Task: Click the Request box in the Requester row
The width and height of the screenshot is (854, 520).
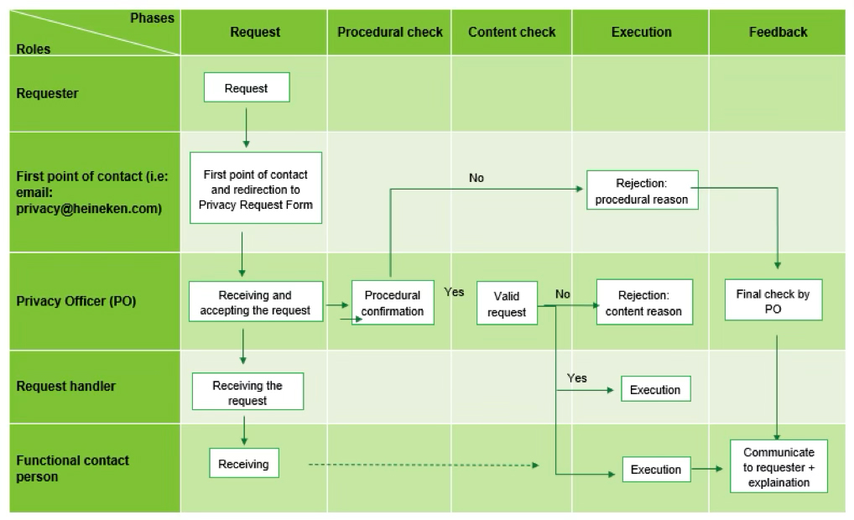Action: pyautogui.click(x=247, y=88)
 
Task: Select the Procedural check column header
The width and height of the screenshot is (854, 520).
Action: pyautogui.click(x=390, y=32)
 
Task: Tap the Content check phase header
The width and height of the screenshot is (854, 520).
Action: pyautogui.click(x=512, y=32)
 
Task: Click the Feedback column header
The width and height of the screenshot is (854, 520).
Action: pyautogui.click(x=778, y=32)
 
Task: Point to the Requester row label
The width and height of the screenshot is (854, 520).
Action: pyautogui.click(x=47, y=93)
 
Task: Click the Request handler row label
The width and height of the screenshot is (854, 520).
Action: pyautogui.click(x=66, y=386)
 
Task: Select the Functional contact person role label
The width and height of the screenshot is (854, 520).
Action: pyautogui.click(x=72, y=468)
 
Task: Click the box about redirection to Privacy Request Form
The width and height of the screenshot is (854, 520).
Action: pyautogui.click(x=255, y=188)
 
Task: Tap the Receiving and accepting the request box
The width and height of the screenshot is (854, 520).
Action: pyautogui.click(x=255, y=302)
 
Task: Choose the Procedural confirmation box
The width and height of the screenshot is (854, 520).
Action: pyautogui.click(x=393, y=303)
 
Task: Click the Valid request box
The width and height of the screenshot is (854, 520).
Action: pyautogui.click(x=507, y=304)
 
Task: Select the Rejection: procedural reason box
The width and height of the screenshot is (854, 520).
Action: pyautogui.click(x=642, y=190)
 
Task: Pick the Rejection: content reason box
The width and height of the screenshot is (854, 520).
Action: pyautogui.click(x=644, y=302)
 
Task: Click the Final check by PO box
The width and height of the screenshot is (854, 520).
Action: pyautogui.click(x=773, y=300)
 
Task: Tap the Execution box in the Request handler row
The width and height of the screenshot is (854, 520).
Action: pyautogui.click(x=656, y=389)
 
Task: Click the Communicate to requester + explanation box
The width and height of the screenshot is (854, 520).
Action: pyautogui.click(x=778, y=466)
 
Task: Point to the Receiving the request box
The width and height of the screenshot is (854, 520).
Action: pyautogui.click(x=247, y=392)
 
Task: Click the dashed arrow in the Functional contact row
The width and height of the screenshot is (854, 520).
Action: pyautogui.click(x=424, y=465)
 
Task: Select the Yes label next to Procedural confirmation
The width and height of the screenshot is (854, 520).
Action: pyautogui.click(x=454, y=292)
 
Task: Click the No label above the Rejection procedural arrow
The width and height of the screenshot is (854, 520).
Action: pyautogui.click(x=476, y=178)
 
